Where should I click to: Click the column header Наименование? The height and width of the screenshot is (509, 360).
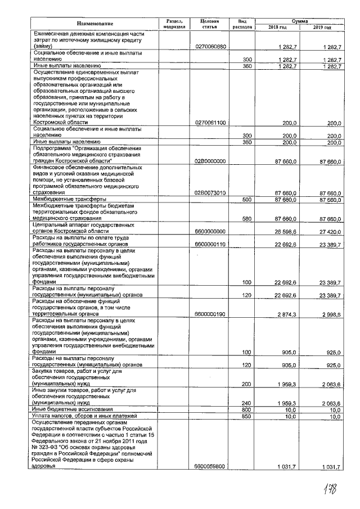point(95,23)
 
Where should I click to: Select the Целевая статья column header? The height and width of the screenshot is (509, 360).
point(209,23)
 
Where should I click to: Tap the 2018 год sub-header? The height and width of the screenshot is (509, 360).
point(277,27)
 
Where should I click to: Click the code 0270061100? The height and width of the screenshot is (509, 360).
point(210,122)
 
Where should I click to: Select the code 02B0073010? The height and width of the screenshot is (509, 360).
point(210,193)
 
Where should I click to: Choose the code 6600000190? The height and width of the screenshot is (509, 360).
point(210,313)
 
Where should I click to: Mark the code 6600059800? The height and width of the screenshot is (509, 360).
point(210,466)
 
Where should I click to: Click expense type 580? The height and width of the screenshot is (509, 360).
point(246,218)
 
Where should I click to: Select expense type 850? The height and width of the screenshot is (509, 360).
point(246,417)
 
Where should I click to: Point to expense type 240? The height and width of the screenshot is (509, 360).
point(246,403)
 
